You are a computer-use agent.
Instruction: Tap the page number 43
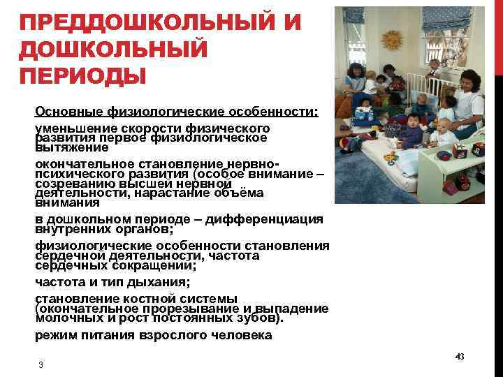pyautogui.click(x=459, y=357)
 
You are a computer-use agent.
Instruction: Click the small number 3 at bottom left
pyautogui.click(x=41, y=366)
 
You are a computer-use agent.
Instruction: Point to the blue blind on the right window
pyautogui.click(x=461, y=21)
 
